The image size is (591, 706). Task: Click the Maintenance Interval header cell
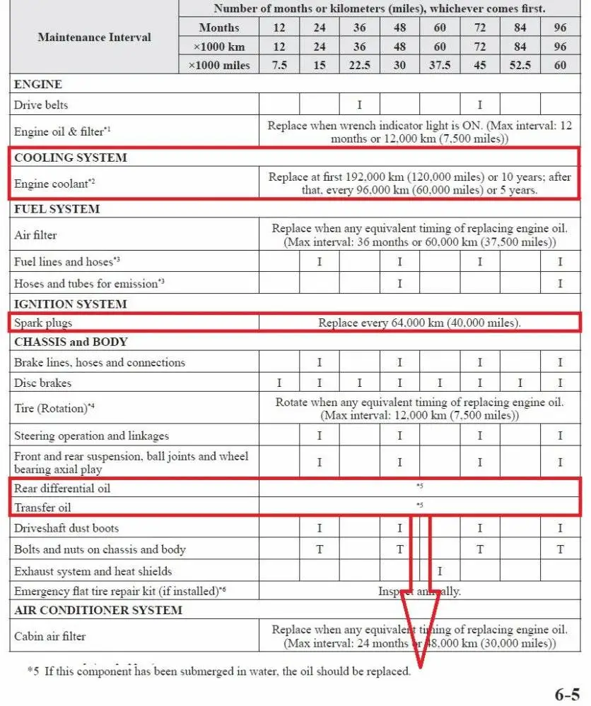[94, 37]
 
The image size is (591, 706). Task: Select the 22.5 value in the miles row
[359, 66]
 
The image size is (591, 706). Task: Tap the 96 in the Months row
[560, 28]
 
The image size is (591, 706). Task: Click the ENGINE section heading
[38, 84]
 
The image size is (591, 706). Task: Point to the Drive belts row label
[42, 105]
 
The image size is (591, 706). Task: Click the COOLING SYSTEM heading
[71, 157]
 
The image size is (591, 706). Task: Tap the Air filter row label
[35, 235]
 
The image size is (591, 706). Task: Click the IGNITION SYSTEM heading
[71, 304]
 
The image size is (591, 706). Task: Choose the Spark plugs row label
[43, 323]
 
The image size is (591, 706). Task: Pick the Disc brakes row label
[42, 383]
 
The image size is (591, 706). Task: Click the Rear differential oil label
[62, 488]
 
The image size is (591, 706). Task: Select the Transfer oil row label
[42, 507]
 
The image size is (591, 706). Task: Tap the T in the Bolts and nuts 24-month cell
[319, 549]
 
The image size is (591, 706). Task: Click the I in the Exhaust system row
[440, 570]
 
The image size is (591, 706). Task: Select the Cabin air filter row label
[50, 636]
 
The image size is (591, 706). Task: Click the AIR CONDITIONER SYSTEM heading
[98, 610]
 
